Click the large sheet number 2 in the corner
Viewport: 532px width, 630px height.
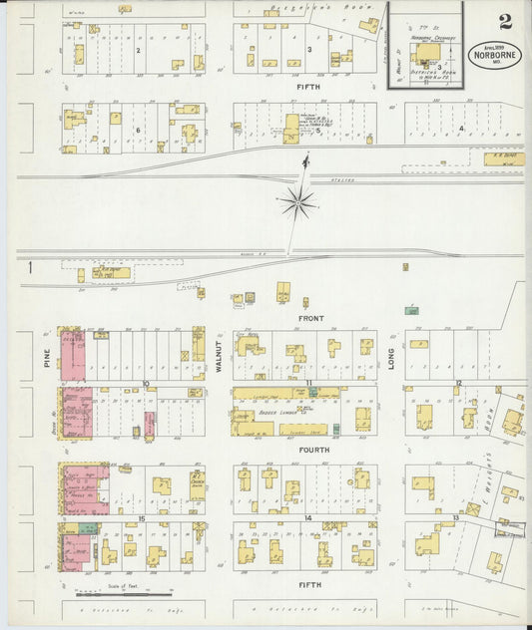[x=506, y=22]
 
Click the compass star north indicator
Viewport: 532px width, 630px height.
[x=297, y=203]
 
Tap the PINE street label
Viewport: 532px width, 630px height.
[x=47, y=358]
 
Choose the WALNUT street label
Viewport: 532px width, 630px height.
[x=219, y=357]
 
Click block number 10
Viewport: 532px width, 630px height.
[x=146, y=383]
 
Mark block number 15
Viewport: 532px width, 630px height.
[x=142, y=518]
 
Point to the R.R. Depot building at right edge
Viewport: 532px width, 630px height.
[x=504, y=157]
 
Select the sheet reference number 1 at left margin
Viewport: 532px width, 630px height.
[x=31, y=266]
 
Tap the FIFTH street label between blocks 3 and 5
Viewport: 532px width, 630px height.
[x=307, y=87]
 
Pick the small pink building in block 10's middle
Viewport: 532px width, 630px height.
[x=150, y=424]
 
